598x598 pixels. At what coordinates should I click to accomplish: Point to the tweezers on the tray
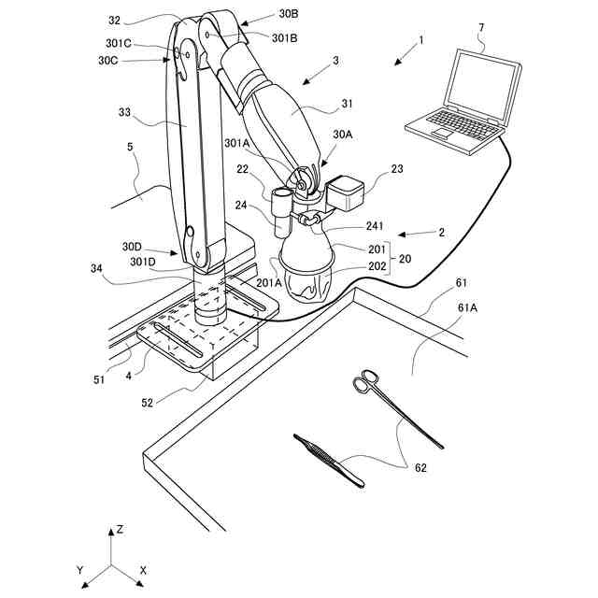tap(329, 459)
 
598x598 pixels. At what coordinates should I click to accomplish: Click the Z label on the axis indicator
tap(120, 529)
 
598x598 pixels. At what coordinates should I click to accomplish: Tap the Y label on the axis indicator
tap(81, 569)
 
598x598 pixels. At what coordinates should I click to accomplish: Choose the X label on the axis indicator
tap(143, 569)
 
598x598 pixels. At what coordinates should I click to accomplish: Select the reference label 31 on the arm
tap(346, 104)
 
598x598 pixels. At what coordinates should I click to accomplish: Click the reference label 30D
tap(132, 247)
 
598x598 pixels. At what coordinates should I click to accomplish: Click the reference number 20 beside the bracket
tap(405, 258)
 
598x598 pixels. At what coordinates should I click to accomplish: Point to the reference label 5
tap(130, 147)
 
